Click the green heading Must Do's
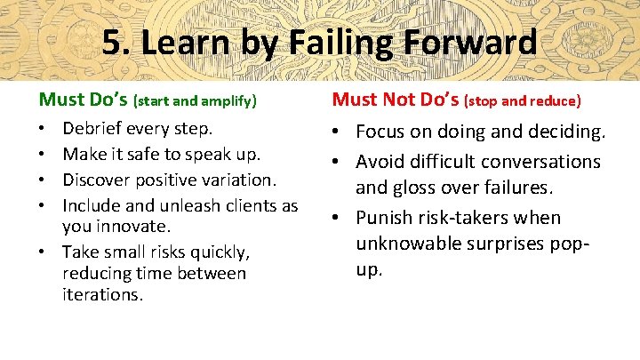83,100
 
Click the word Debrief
94,129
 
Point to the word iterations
101,294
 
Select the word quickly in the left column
221,252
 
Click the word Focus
380,132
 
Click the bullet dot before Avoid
340,162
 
